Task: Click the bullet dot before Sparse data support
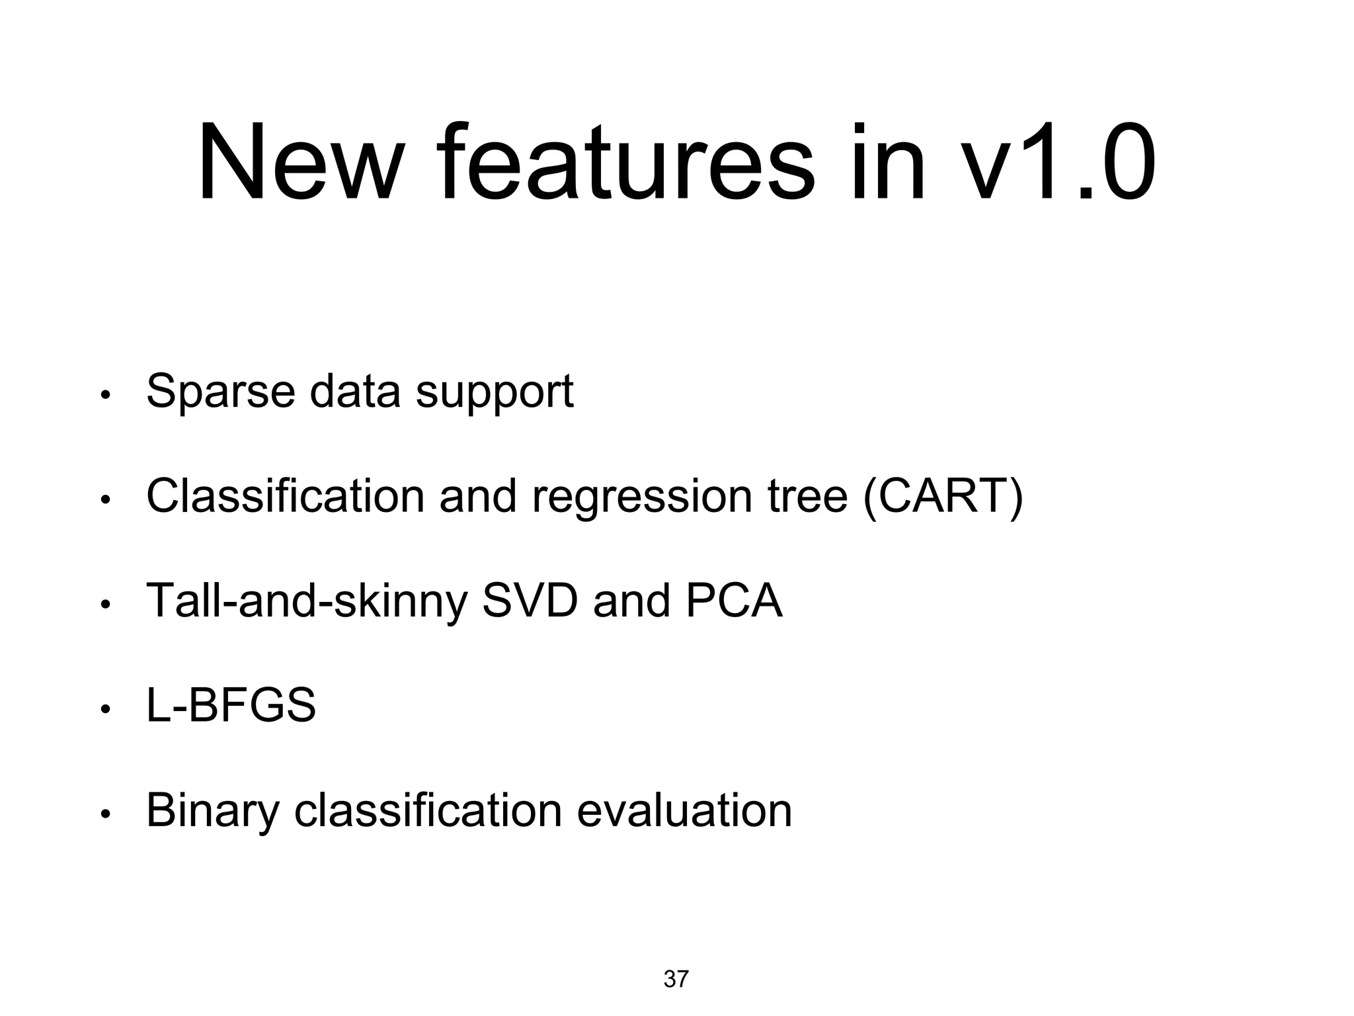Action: tap(104, 396)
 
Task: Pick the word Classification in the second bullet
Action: tap(285, 496)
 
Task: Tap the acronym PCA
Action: tap(734, 601)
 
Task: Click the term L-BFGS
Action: tap(231, 705)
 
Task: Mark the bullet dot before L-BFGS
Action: tap(104, 710)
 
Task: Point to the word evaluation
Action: tap(684, 810)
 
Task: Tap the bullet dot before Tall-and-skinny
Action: tap(104, 605)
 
